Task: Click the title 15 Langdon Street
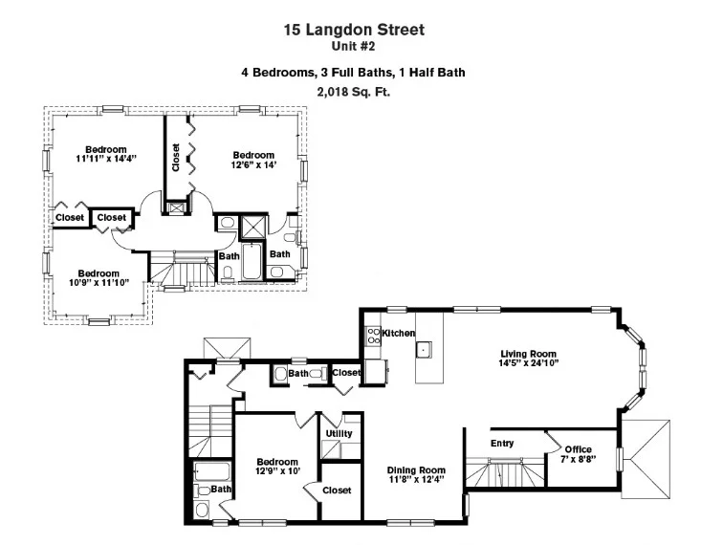(x=354, y=30)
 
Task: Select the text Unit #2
(x=354, y=45)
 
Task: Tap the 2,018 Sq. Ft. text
(x=354, y=92)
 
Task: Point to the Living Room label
(x=528, y=353)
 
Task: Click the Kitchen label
(x=398, y=333)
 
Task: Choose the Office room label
(x=578, y=449)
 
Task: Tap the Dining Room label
(x=416, y=469)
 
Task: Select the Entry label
(x=502, y=444)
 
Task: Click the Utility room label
(x=339, y=433)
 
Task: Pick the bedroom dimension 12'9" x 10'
(x=277, y=470)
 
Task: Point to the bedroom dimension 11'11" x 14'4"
(x=105, y=159)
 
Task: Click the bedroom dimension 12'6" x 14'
(x=253, y=165)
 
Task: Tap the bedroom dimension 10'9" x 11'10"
(x=99, y=282)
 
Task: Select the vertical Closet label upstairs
(x=176, y=158)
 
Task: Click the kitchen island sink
(x=423, y=350)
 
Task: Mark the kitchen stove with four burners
(x=371, y=336)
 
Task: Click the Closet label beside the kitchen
(x=346, y=372)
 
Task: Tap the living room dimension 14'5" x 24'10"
(x=528, y=363)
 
